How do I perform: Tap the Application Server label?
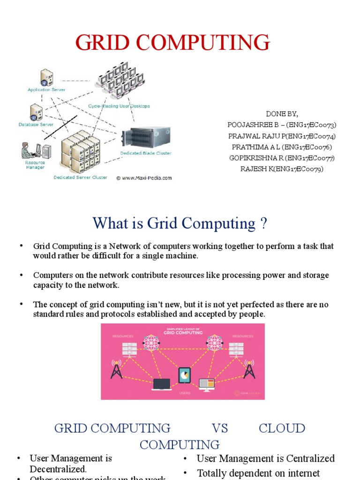click(46, 90)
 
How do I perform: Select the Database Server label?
click(36, 125)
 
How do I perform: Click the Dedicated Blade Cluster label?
click(146, 153)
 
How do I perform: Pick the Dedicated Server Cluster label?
click(80, 178)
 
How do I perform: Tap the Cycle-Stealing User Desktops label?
click(119, 106)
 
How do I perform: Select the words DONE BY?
click(282, 114)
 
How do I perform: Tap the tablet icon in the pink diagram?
click(184, 375)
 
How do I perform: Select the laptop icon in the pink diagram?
click(162, 384)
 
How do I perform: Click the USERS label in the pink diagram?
click(185, 393)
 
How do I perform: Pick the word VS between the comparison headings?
click(219, 428)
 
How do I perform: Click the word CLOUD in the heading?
click(282, 428)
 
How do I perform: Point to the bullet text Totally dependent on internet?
click(258, 473)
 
